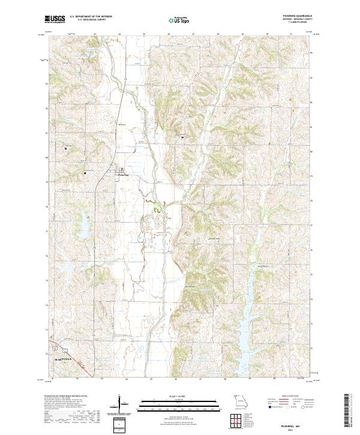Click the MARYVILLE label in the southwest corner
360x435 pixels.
click(63, 359)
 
